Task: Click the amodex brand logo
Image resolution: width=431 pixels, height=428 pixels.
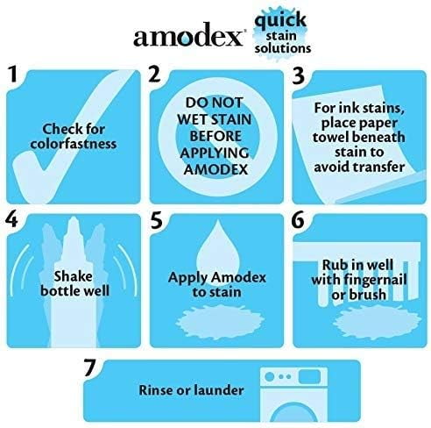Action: pyautogui.click(x=188, y=35)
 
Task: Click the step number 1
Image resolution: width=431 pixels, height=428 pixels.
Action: pyautogui.click(x=13, y=74)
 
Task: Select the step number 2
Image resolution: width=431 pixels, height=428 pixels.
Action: pyautogui.click(x=155, y=74)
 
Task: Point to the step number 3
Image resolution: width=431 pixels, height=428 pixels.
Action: pyautogui.click(x=298, y=75)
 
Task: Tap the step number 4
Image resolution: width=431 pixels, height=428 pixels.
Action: pyautogui.click(x=11, y=219)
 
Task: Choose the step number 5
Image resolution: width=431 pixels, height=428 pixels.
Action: pyautogui.click(x=157, y=220)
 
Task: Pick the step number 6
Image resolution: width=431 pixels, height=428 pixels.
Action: pyautogui.click(x=298, y=220)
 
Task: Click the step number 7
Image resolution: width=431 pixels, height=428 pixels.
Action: pyautogui.click(x=90, y=367)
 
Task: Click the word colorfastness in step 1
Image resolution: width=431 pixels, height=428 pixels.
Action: pyautogui.click(x=74, y=144)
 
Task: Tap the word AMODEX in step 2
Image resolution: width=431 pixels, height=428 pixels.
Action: pyautogui.click(x=215, y=169)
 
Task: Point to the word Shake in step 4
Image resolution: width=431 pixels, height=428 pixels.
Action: pyautogui.click(x=73, y=276)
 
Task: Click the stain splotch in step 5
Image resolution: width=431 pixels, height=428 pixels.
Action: pyautogui.click(x=219, y=321)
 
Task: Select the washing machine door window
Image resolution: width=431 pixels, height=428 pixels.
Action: pyautogui.click(x=293, y=411)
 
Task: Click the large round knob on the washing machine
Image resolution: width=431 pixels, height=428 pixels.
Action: pyautogui.click(x=269, y=376)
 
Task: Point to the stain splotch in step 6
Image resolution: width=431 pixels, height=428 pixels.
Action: pyautogui.click(x=377, y=322)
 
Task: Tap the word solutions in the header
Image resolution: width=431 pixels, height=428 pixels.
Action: pyautogui.click(x=282, y=48)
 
